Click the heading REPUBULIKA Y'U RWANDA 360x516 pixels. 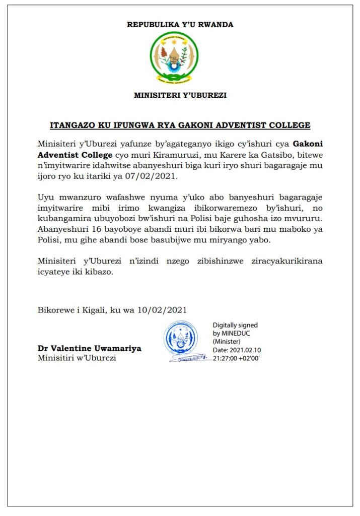coord(180,24)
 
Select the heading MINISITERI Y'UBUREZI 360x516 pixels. coord(180,95)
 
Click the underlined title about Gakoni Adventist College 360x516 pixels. coord(180,125)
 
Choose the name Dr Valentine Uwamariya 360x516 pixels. coord(89,348)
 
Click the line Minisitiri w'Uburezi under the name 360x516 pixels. coord(77,358)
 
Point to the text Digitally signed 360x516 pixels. coord(235,326)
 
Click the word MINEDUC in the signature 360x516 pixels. coord(240,334)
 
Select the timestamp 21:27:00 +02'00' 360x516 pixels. coord(236,358)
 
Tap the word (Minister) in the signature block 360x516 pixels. coord(227,342)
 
